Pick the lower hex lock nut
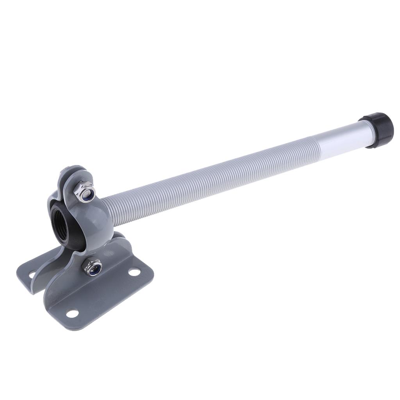pyautogui.click(x=93, y=267)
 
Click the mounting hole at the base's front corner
pyautogui.click(x=72, y=313)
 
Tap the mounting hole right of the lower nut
pyautogui.click(x=134, y=271)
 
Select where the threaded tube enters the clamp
pyautogui.click(x=113, y=213)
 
